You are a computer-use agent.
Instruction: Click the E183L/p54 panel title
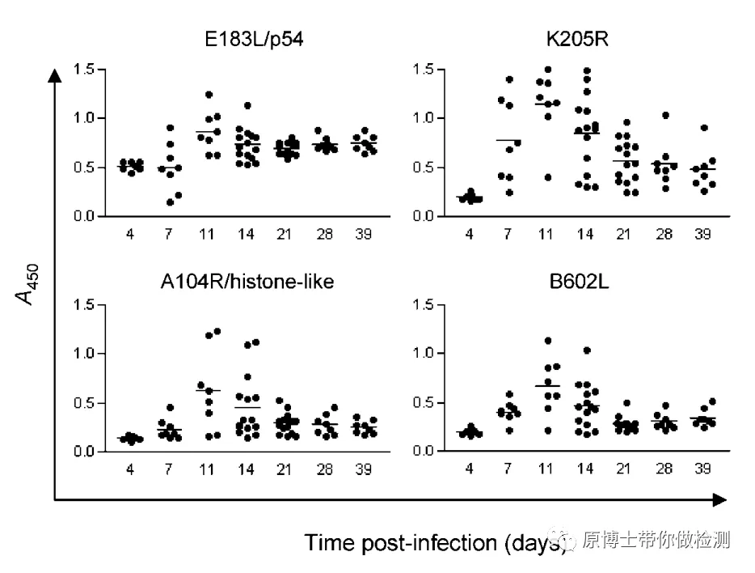tap(253, 39)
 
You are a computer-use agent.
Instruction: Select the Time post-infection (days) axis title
tap(433, 542)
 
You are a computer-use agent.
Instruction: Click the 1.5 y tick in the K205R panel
tap(424, 70)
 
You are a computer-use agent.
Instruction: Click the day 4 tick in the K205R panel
tap(469, 234)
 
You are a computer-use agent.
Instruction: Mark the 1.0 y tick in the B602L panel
tap(424, 354)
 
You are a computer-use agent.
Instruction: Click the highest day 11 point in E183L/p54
tap(209, 95)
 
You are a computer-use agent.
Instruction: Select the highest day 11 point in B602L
tap(548, 341)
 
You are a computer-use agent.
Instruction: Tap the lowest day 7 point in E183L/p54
tap(170, 202)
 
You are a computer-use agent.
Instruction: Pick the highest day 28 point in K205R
tap(665, 115)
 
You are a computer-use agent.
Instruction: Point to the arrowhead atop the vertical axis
tap(54, 75)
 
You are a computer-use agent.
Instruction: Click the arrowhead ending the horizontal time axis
tap(719, 500)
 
